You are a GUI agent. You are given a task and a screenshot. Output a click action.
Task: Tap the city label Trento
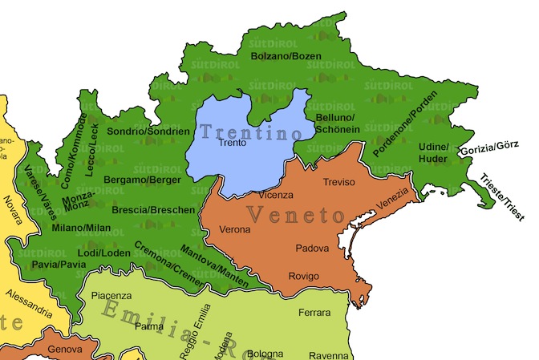(x=233, y=144)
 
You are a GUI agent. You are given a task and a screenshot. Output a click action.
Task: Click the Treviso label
(x=338, y=182)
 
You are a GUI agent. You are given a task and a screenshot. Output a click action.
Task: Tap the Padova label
(x=312, y=249)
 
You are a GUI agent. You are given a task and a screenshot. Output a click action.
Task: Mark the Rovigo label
(x=304, y=277)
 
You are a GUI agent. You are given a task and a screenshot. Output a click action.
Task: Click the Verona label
(x=235, y=230)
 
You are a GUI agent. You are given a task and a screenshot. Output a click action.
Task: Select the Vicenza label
(x=276, y=195)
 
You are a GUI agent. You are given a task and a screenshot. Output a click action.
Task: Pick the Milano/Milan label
(x=81, y=228)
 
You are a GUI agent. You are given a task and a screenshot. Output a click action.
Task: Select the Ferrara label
(x=314, y=312)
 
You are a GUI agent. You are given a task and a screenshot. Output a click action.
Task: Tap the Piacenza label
(x=111, y=296)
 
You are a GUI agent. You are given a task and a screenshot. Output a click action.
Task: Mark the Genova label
(x=65, y=350)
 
